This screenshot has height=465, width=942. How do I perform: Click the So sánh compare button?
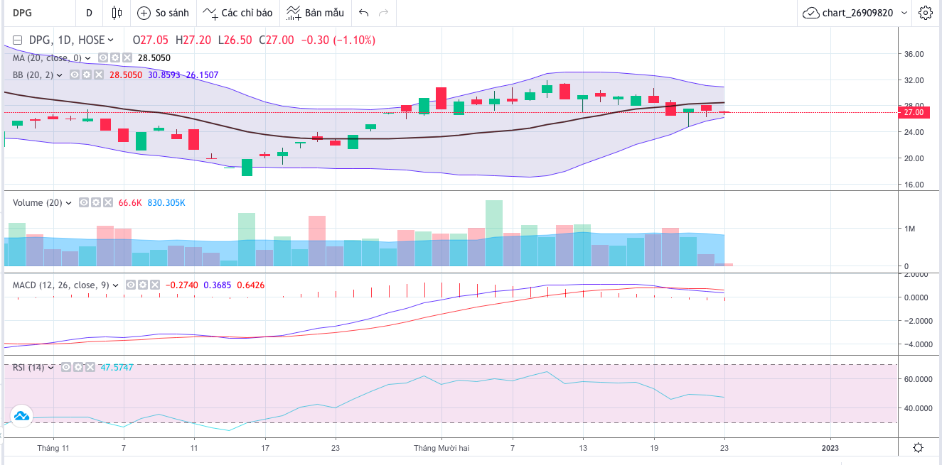[x=163, y=13]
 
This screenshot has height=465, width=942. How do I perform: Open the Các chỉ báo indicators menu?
[x=237, y=13]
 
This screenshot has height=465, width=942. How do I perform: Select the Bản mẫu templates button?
[x=316, y=13]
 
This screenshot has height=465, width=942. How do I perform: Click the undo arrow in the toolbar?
[x=364, y=13]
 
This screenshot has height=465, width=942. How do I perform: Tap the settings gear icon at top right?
[x=925, y=13]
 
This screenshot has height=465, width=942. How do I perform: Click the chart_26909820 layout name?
[x=856, y=13]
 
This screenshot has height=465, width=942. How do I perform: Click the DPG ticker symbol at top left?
[x=22, y=13]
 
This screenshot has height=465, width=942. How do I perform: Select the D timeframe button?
[x=89, y=13]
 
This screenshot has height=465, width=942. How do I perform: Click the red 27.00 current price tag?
[x=913, y=112]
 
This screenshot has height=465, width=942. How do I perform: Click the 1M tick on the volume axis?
[x=911, y=229]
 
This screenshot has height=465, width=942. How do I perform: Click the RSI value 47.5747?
[x=117, y=367]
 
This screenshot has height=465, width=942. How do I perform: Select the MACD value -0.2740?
[x=181, y=285]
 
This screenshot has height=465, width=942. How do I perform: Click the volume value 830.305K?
[x=166, y=202]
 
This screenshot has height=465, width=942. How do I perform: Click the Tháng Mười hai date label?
[x=441, y=448]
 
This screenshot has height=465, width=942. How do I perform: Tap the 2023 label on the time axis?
[x=830, y=448]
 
